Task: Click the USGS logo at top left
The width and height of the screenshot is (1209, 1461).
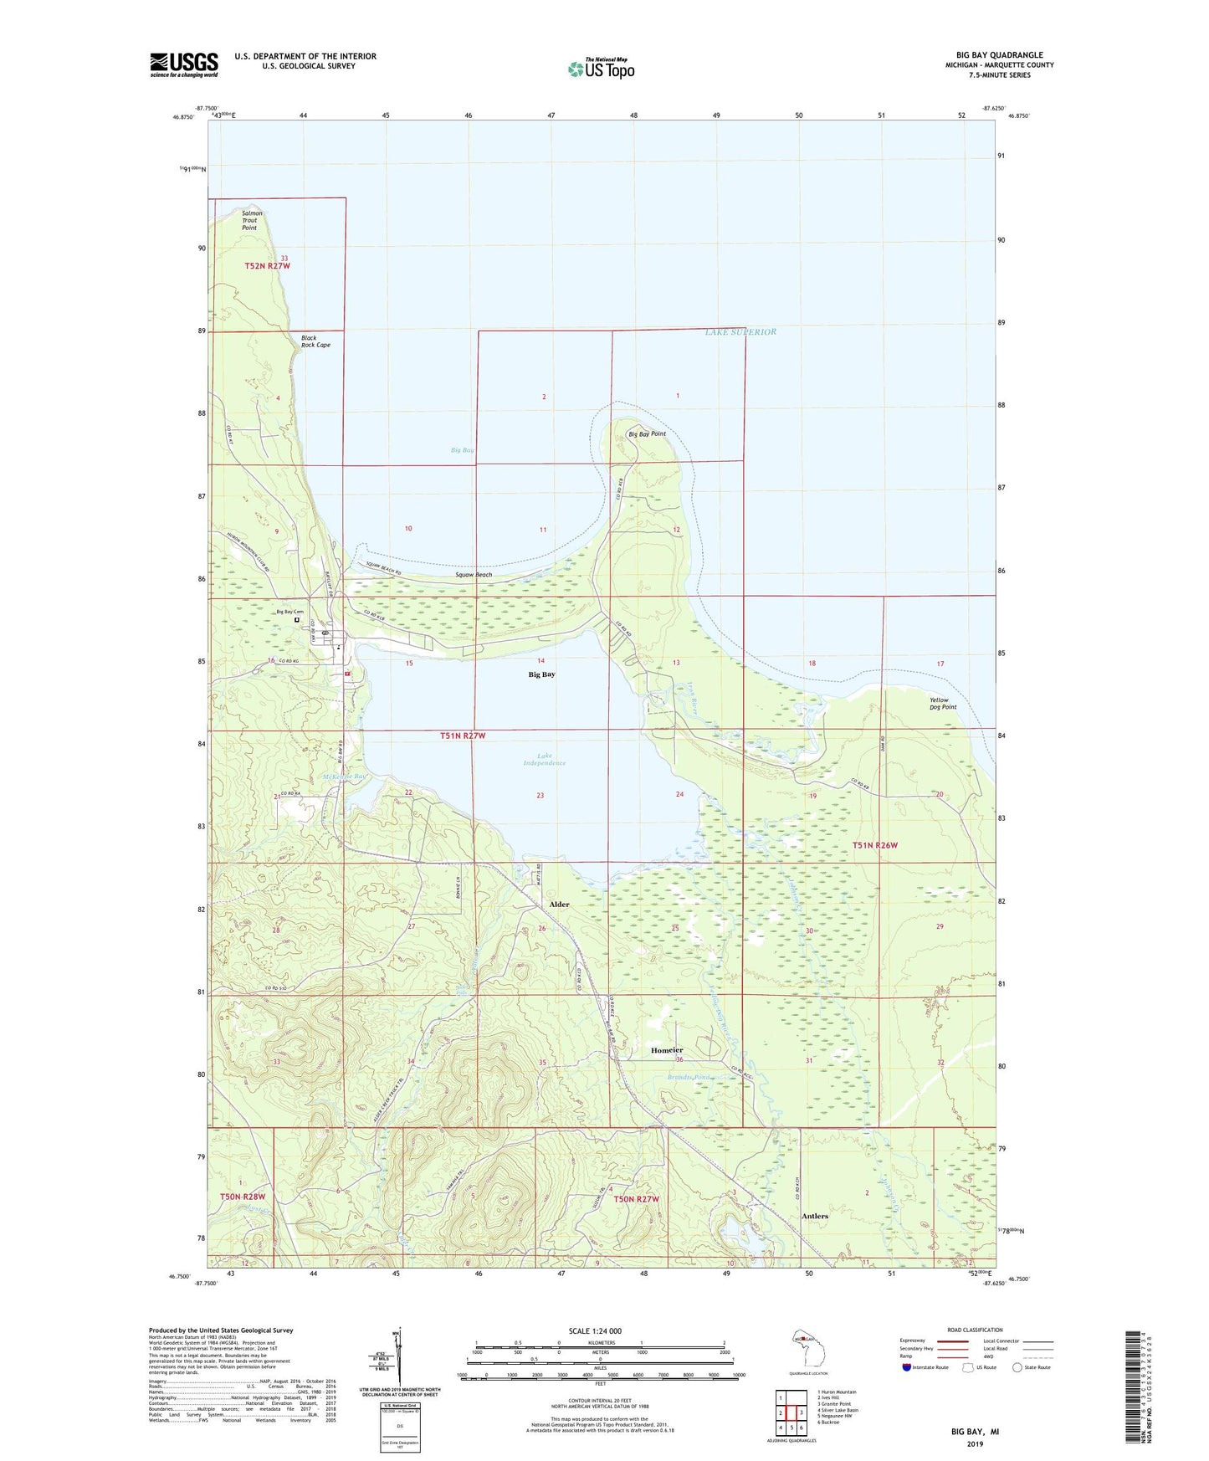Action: point(184,64)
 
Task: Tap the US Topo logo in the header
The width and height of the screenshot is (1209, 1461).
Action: point(601,69)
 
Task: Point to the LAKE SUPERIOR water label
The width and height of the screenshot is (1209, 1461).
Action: point(740,332)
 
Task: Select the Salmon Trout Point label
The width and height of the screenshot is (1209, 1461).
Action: point(251,220)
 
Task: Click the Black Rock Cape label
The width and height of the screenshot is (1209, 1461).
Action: point(315,341)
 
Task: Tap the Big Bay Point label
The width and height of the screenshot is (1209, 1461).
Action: point(647,434)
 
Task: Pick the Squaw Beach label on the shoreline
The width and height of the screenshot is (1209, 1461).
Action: point(474,575)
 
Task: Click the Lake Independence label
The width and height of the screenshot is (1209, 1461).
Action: point(544,759)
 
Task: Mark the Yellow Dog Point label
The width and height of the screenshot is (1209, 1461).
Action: point(942,704)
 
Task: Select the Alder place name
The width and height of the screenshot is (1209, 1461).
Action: point(559,905)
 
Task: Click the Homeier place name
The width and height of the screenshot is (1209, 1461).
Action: point(667,1050)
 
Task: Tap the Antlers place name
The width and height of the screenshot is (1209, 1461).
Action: point(814,1216)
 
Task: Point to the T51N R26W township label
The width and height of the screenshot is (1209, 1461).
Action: point(874,845)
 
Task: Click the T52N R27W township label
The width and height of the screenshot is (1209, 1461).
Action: point(267,266)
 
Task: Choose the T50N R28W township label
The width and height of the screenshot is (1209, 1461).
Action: point(242,1197)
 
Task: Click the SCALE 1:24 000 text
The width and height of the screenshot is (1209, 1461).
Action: point(595,1330)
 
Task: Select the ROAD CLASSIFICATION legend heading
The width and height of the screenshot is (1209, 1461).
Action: point(975,1330)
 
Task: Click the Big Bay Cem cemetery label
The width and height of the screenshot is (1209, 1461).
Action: point(289,612)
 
